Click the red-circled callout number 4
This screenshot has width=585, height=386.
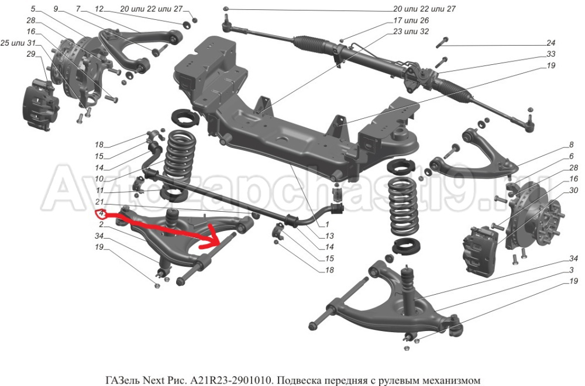click(101, 213)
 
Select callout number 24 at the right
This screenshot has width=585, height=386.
click(550, 43)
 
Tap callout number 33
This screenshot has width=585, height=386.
click(550, 54)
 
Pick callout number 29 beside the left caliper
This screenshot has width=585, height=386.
click(31, 54)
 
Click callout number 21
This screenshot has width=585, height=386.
click(99, 202)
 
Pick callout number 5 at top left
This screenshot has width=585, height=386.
click(32, 9)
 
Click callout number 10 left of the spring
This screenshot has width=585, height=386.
click(99, 179)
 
